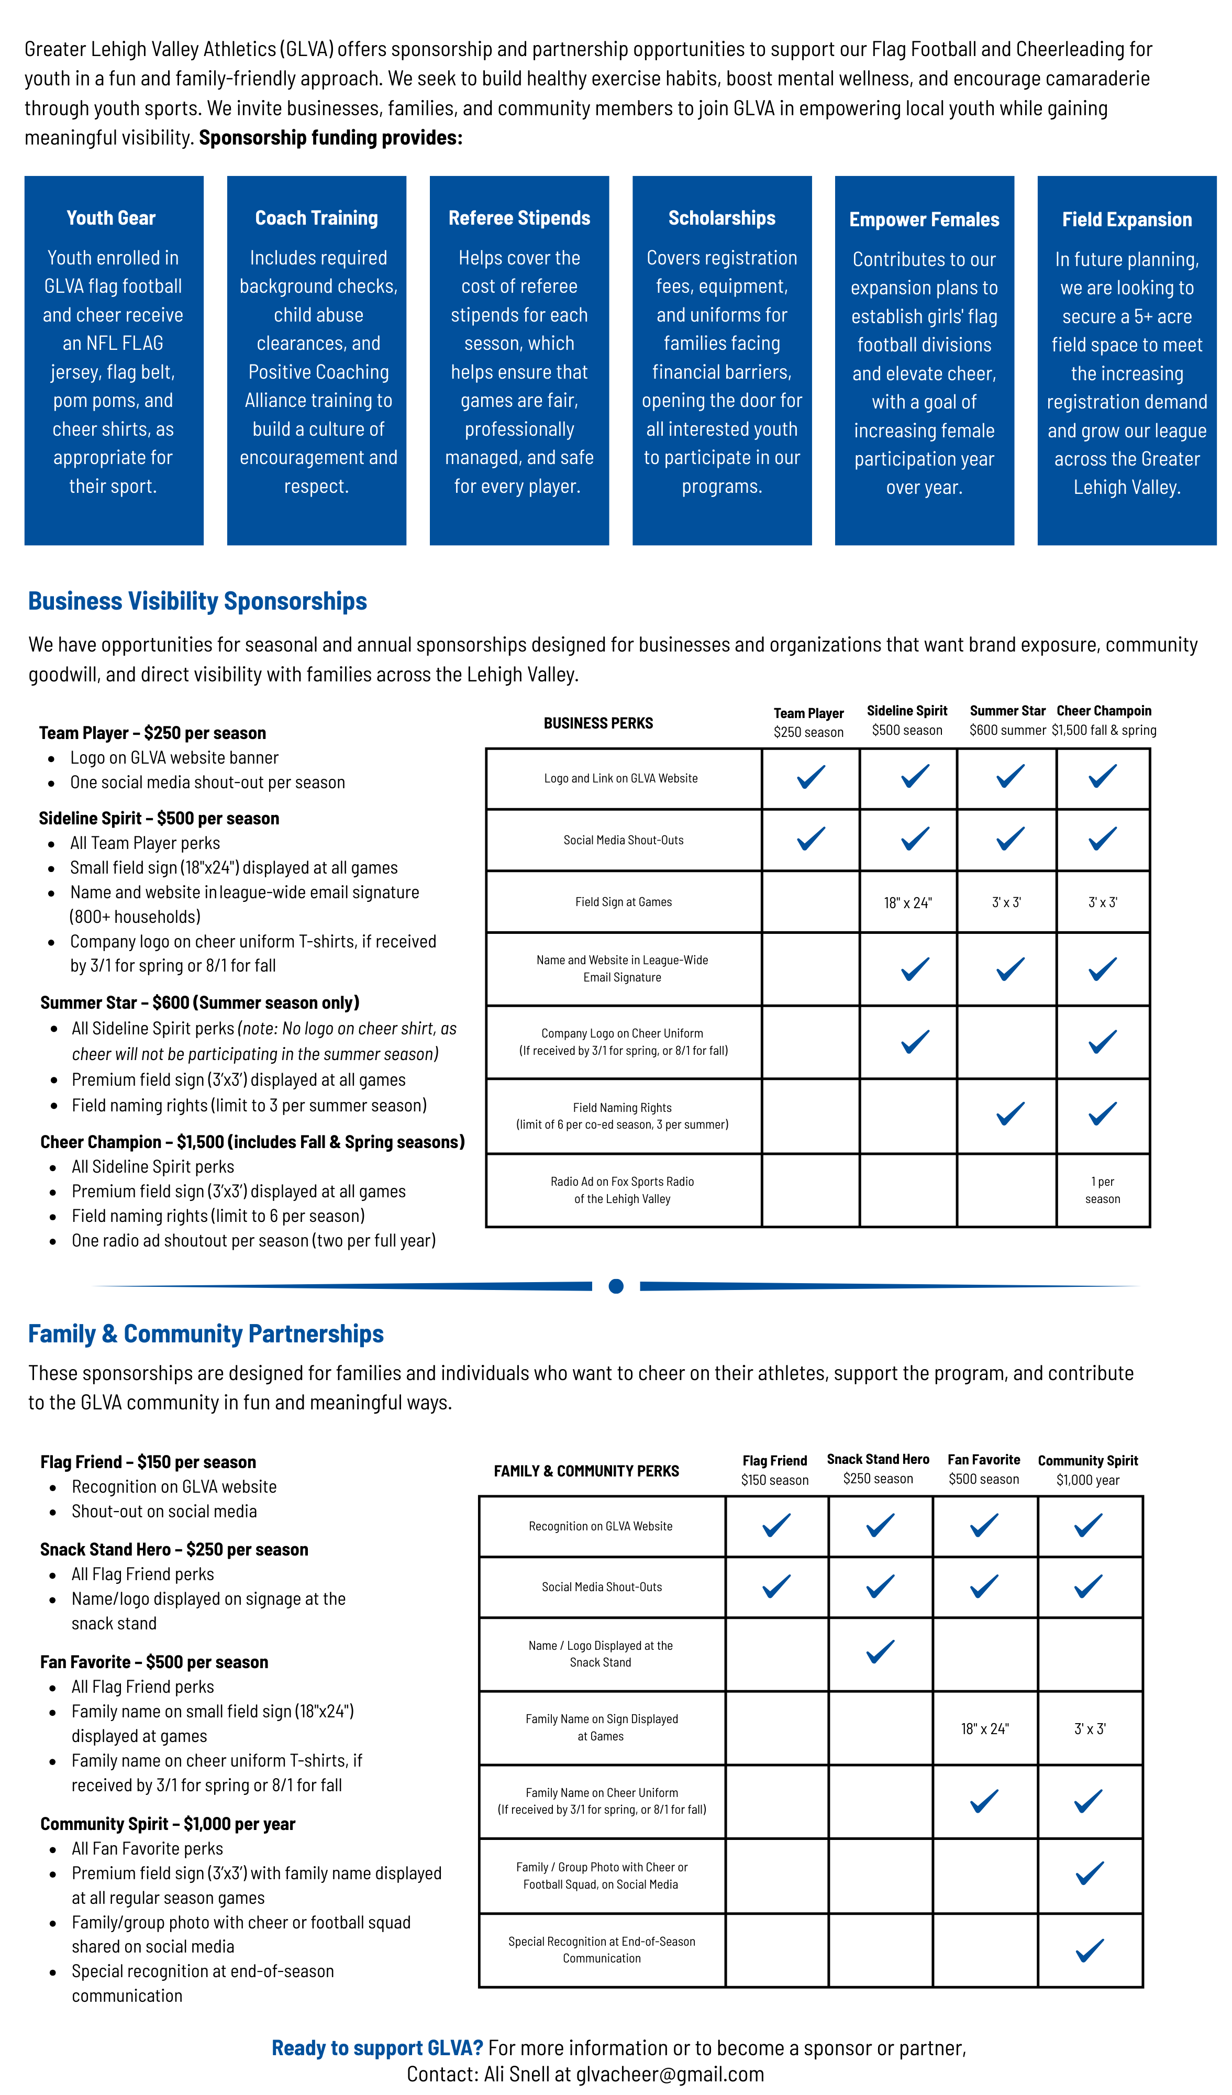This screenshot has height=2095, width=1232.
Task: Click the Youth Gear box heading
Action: pyautogui.click(x=112, y=218)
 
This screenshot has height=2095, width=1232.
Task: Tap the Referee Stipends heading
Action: pyautogui.click(x=519, y=218)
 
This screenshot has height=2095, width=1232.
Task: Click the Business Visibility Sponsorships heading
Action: pyautogui.click(x=198, y=601)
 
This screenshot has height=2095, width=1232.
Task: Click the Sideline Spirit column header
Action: pyautogui.click(x=907, y=720)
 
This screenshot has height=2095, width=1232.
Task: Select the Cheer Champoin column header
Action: pyautogui.click(x=1104, y=720)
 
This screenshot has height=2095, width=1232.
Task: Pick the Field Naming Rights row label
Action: pyautogui.click(x=622, y=1116)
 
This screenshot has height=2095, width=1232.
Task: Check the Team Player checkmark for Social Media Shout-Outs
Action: pyautogui.click(x=811, y=839)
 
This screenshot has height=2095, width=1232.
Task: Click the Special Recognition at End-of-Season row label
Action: pyautogui.click(x=602, y=1949)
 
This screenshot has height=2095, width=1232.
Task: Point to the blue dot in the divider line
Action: pyautogui.click(x=616, y=1286)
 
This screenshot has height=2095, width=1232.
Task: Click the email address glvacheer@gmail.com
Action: pyautogui.click(x=670, y=2074)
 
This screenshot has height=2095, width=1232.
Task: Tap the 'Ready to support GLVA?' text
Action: pyautogui.click(x=378, y=2048)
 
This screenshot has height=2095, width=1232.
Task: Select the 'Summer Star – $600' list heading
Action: pyautogui.click(x=199, y=1002)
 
